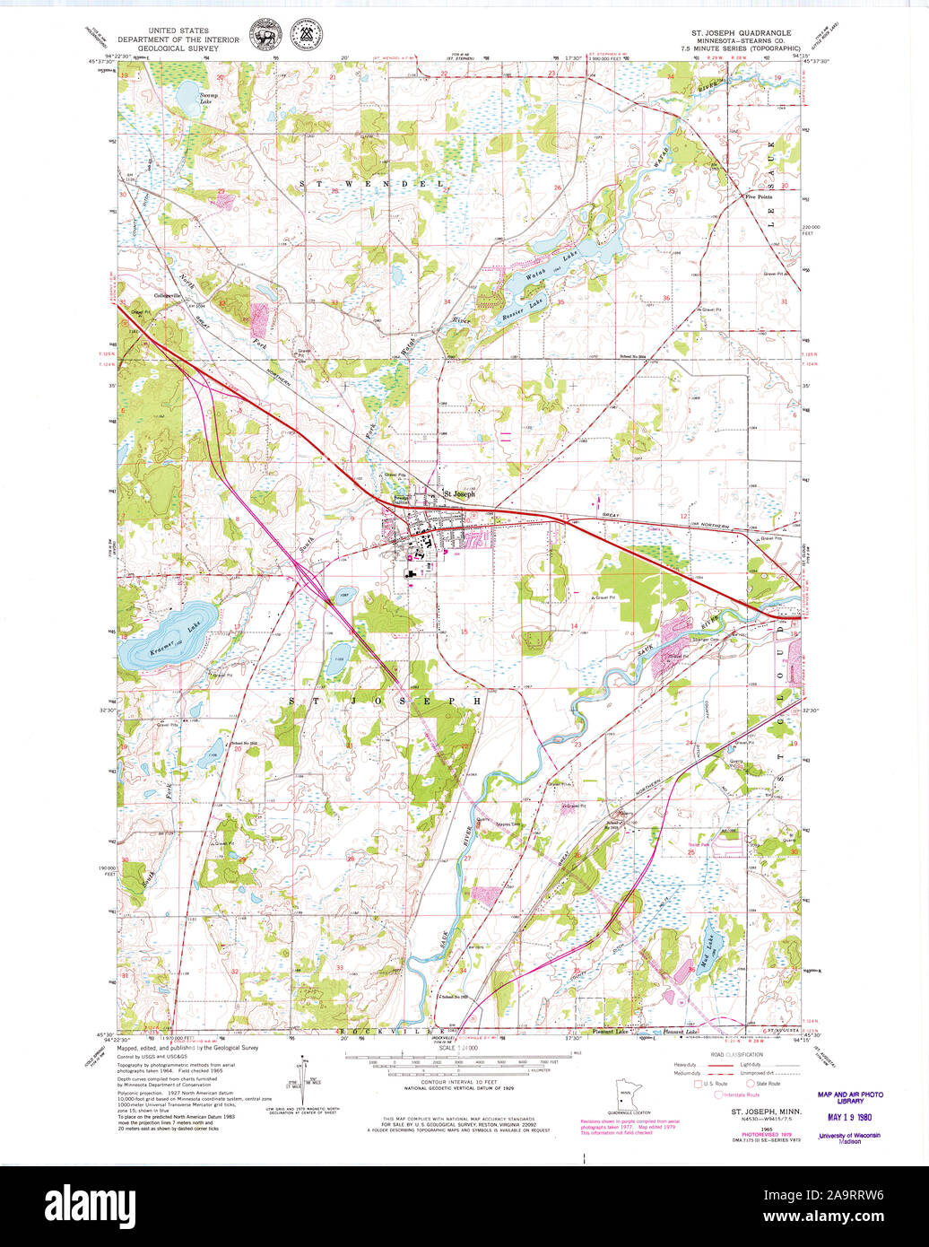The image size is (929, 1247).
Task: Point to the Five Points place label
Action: (x=758, y=196)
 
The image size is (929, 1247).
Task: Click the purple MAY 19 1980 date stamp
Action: (x=849, y=1118)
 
